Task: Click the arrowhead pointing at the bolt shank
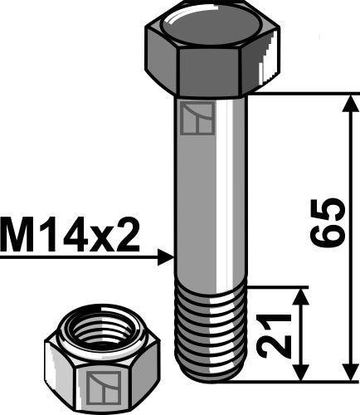coord(165,258)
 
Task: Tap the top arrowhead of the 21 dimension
coord(300,296)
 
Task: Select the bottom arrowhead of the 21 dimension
coord(300,373)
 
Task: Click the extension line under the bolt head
coord(307,94)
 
